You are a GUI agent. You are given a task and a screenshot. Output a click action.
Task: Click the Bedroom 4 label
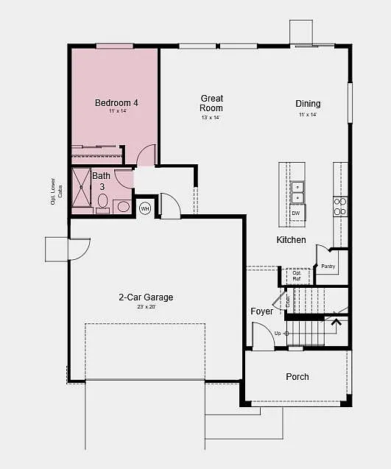[116, 102]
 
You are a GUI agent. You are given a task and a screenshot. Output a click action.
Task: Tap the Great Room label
[212, 103]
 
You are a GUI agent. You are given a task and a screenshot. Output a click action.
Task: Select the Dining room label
[308, 104]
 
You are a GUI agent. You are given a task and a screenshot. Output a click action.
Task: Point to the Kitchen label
[291, 240]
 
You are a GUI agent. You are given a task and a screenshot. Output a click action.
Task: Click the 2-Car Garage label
[146, 297]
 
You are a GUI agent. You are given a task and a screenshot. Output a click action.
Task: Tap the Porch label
[297, 377]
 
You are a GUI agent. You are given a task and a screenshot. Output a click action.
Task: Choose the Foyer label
[261, 311]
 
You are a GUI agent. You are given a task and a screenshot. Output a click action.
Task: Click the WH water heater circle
[145, 208]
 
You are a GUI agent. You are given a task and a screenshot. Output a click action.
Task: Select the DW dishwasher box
[296, 214]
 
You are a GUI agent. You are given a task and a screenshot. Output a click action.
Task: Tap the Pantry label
[328, 267]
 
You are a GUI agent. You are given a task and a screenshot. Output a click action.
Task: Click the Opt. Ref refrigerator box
[296, 276]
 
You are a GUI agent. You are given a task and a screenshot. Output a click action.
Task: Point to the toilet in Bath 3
[102, 202]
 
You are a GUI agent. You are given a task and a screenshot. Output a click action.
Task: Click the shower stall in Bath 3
[80, 189]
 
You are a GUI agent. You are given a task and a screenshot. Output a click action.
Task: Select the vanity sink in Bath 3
[121, 207]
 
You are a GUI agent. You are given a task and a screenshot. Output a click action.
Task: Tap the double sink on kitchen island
[296, 191]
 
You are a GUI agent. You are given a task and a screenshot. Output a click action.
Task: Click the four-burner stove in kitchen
[340, 206]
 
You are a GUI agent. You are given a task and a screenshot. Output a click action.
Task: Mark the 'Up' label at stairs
[278, 334]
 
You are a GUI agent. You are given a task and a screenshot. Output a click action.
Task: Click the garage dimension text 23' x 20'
[146, 307]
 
